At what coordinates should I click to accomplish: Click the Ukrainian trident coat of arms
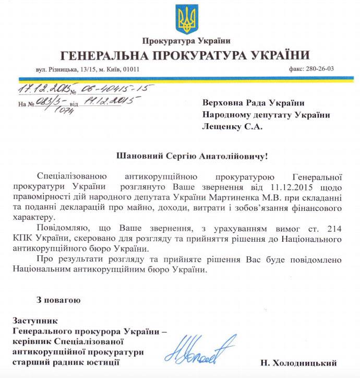click(x=185, y=19)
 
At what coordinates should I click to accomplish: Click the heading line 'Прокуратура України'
click(x=185, y=41)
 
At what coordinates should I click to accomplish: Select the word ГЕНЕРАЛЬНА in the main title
click(x=104, y=55)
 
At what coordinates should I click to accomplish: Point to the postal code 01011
click(x=130, y=69)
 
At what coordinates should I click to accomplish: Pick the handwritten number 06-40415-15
click(x=115, y=88)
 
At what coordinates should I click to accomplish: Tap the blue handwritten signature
click(x=198, y=349)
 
